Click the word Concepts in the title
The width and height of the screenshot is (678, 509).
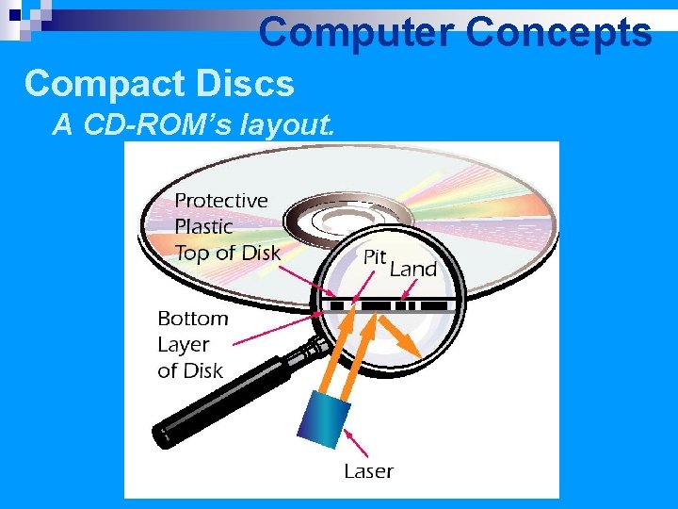point(558,32)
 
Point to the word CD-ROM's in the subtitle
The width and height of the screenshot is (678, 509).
point(138,123)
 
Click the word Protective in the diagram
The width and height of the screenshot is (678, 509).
point(221,200)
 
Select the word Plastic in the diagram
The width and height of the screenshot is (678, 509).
point(203,226)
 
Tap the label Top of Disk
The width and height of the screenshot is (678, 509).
point(227,253)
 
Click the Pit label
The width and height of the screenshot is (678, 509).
point(375,256)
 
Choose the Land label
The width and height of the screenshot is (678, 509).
point(413,269)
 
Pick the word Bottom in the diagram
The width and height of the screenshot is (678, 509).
point(192,319)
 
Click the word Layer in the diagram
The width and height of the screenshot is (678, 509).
point(183,344)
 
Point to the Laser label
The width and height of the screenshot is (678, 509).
point(368,470)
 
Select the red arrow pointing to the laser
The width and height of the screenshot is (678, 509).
point(355,444)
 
